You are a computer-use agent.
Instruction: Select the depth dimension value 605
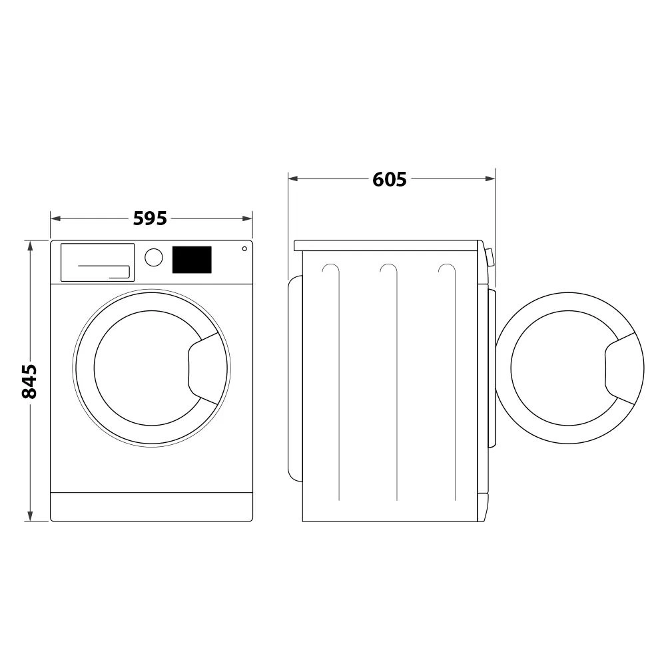390,178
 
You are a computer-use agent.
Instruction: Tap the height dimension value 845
29,381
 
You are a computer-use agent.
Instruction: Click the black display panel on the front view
192,259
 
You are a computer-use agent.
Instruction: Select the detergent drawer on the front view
98,262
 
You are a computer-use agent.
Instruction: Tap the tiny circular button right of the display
244,249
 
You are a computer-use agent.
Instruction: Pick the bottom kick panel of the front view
151,507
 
